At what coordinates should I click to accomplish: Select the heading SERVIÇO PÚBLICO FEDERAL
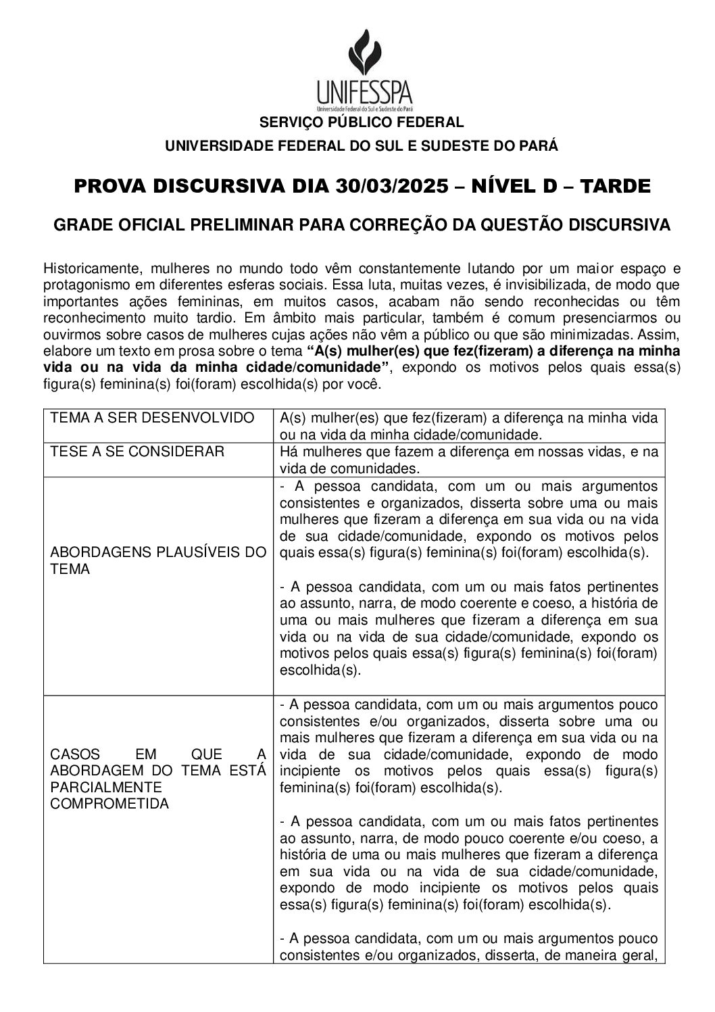point(362,122)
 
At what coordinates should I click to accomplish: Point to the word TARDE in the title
point(613,186)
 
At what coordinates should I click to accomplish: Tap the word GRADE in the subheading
point(80,225)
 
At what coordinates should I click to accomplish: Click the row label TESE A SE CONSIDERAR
point(137,451)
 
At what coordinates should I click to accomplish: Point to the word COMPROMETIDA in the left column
point(110,804)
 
